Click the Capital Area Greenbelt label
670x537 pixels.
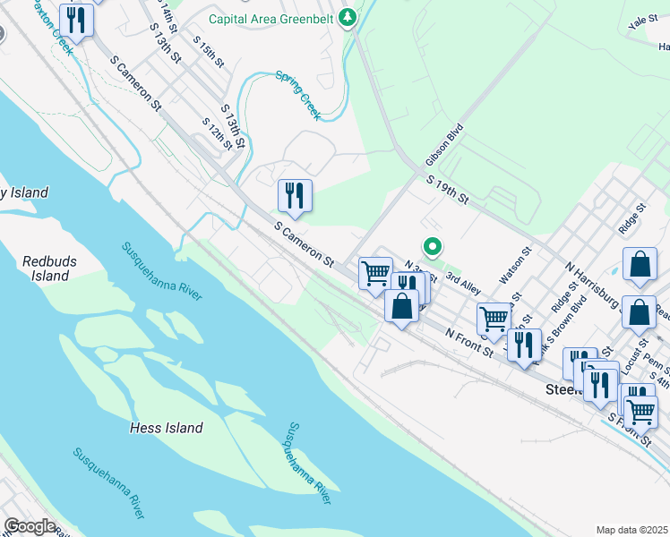click(271, 18)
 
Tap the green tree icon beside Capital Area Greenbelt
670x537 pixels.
click(347, 17)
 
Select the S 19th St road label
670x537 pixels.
click(448, 190)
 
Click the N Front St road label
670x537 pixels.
click(470, 344)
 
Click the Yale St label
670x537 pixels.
click(643, 22)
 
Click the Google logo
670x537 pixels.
click(30, 525)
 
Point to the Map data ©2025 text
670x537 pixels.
click(631, 530)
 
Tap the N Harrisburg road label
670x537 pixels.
click(594, 282)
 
